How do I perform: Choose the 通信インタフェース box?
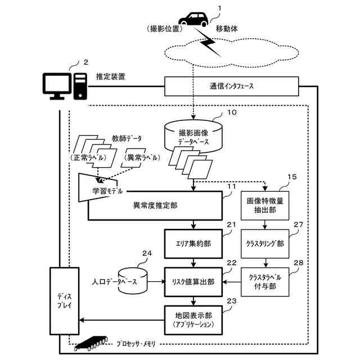[231, 87]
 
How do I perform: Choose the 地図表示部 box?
[193, 319]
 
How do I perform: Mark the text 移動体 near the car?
[227, 27]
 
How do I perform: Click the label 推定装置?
[110, 76]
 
